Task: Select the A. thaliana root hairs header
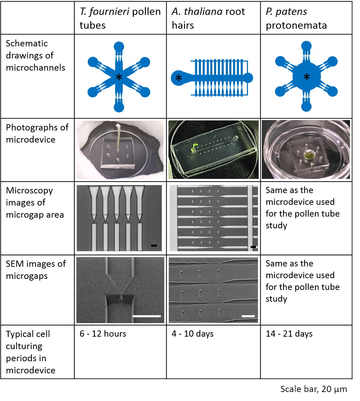click(208, 18)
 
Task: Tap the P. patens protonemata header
click(296, 18)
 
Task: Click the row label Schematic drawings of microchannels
click(35, 55)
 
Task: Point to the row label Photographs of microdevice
click(37, 133)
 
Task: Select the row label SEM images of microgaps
click(36, 270)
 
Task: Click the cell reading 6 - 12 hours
click(103, 334)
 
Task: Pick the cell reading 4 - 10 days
click(193, 334)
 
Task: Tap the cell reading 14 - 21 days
click(289, 334)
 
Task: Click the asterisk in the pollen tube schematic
click(119, 78)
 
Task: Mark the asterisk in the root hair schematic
click(178, 79)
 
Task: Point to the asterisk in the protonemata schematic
click(306, 77)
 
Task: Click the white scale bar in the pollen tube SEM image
click(147, 316)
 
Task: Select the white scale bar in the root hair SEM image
click(248, 316)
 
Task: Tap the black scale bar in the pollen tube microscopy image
click(154, 246)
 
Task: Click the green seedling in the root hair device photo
click(194, 148)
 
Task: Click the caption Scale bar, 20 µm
click(313, 389)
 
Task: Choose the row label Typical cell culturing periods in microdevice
click(30, 352)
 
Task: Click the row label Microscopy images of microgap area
click(35, 202)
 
